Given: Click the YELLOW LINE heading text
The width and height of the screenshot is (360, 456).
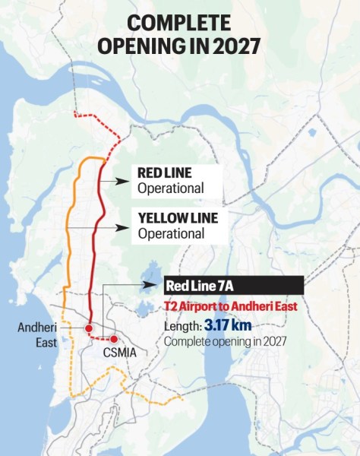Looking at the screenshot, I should (178, 218).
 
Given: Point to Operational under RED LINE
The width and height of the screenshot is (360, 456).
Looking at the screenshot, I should (171, 188).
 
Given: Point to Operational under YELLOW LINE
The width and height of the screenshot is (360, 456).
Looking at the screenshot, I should (171, 234).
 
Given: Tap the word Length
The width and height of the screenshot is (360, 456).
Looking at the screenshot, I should (182, 326).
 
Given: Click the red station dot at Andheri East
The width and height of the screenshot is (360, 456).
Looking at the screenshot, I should (89, 328).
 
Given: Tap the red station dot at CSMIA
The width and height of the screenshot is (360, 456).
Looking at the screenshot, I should (114, 339).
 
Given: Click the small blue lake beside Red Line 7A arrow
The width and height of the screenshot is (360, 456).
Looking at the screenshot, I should (152, 271).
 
